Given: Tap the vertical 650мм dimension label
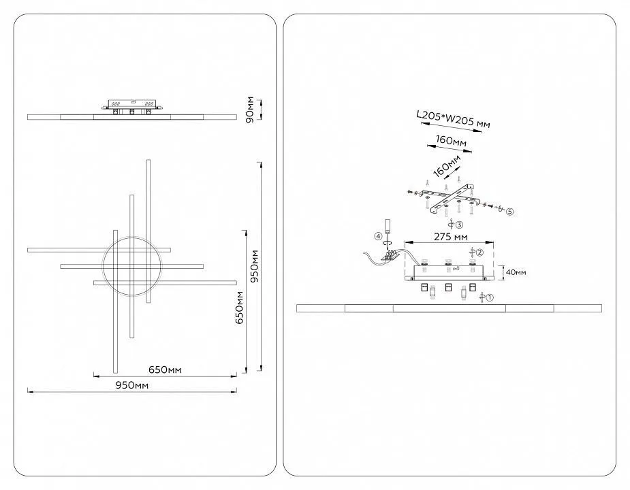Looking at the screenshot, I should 238,308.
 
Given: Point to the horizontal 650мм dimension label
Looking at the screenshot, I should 165,370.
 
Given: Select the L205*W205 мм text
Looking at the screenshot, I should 453,120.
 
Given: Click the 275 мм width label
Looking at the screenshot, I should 449,238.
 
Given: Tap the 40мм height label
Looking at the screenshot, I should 516,272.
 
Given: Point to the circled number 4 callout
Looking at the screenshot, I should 378,236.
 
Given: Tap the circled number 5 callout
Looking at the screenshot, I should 509,211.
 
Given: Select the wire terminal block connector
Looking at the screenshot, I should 391,257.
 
